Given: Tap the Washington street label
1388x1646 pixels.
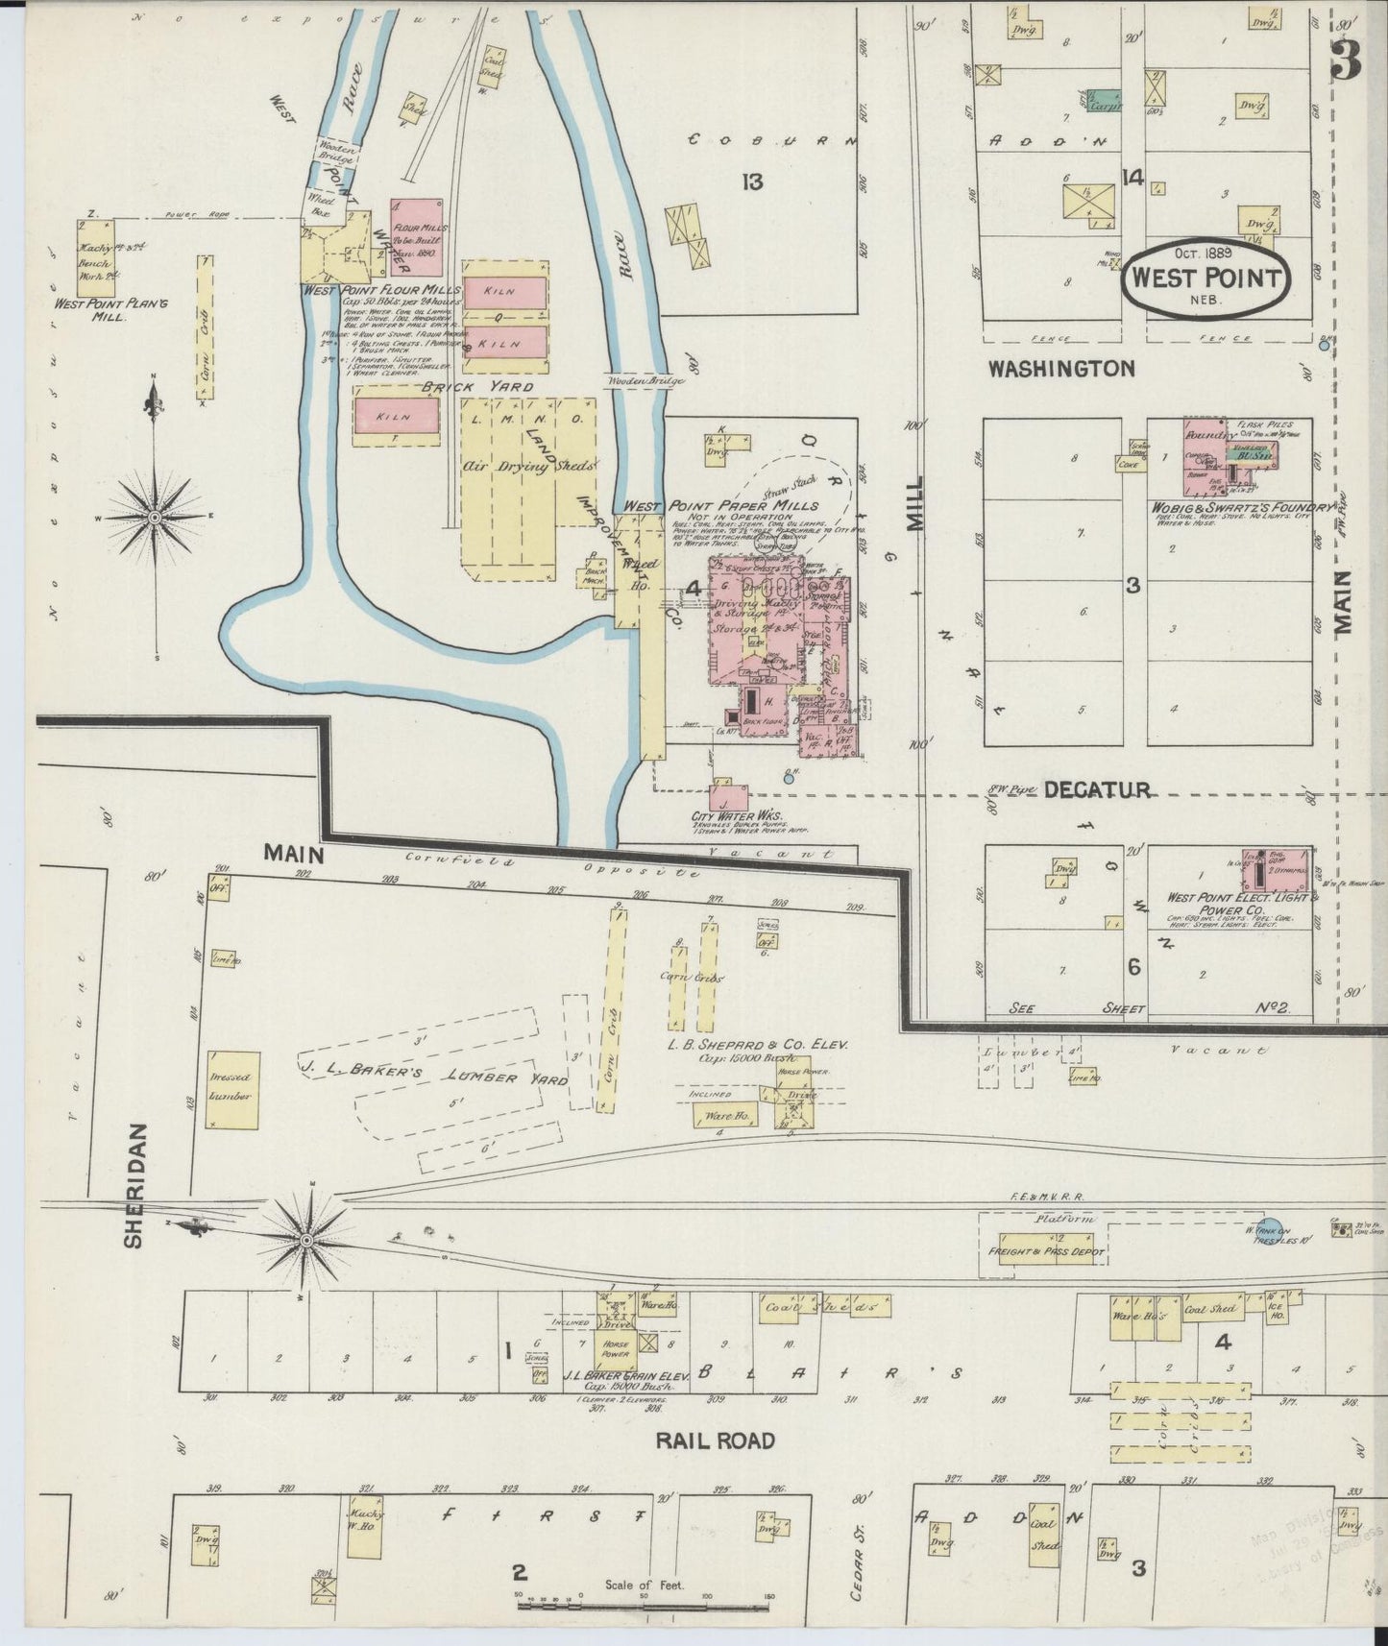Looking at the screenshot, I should tap(1061, 368).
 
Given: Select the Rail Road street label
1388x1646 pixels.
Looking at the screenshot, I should tap(715, 1440).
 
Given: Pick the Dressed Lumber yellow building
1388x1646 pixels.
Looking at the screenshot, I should tap(231, 1089).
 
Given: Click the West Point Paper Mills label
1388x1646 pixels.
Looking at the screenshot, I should tap(720, 505).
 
